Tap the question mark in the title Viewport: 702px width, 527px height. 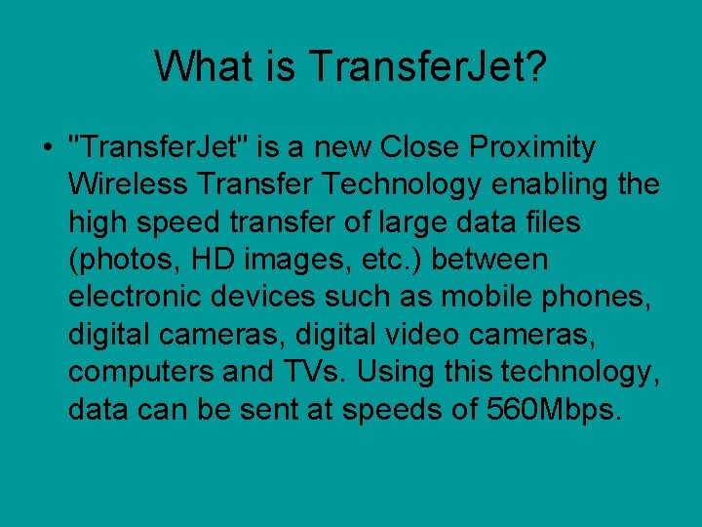click(535, 66)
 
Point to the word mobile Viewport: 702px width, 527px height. click(465, 297)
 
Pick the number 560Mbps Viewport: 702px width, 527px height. click(553, 410)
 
